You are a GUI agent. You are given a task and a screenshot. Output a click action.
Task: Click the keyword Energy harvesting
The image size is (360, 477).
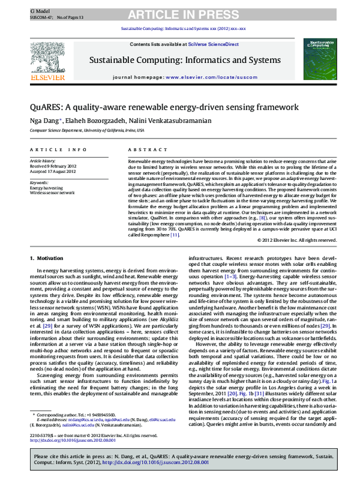click(46, 188)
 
